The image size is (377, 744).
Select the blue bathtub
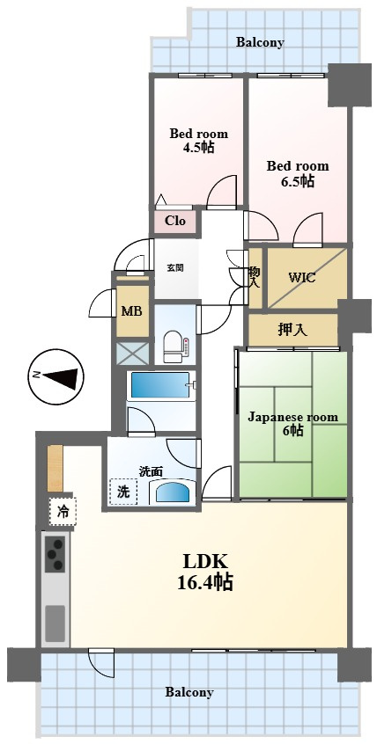(160, 385)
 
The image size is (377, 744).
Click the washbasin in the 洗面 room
(173, 492)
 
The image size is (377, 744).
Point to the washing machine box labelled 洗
(123, 492)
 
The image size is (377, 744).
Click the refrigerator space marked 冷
(63, 512)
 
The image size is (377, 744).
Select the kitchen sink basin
(55, 623)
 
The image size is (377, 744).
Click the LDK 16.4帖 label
(205, 573)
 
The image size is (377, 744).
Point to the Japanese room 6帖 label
(293, 424)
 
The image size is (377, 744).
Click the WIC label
(302, 278)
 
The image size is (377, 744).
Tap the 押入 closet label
(292, 330)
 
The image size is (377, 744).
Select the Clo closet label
(174, 221)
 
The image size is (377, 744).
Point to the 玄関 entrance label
(175, 268)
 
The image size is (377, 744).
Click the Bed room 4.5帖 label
(199, 140)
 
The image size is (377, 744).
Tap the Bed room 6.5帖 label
(297, 173)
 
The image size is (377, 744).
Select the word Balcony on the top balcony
(261, 42)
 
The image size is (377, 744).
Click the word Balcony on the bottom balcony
(189, 692)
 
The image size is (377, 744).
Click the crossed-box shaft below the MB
(133, 353)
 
